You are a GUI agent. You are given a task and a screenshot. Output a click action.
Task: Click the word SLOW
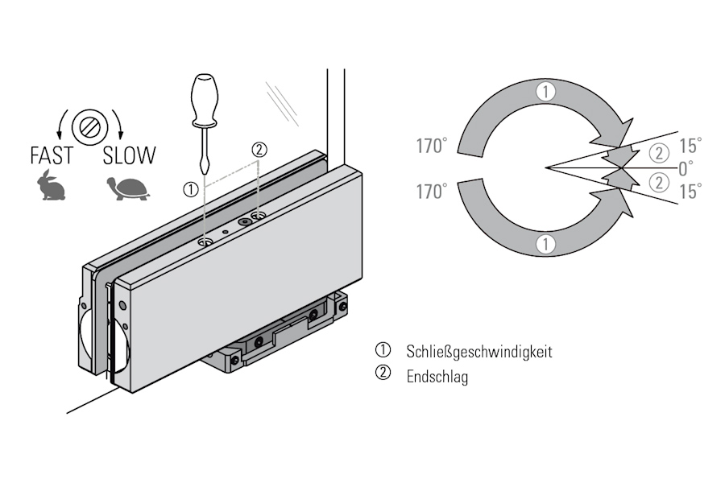[x=129, y=155]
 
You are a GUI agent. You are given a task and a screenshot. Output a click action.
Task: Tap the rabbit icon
[x=52, y=186]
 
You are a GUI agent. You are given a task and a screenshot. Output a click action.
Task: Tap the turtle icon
[x=127, y=188]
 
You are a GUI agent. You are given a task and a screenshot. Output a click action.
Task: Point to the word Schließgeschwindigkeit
[x=479, y=352]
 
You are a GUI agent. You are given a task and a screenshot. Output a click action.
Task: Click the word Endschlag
[x=437, y=376]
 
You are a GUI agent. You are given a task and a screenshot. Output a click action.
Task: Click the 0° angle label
[x=686, y=168]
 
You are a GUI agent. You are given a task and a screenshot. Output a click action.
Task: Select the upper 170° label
[x=432, y=147]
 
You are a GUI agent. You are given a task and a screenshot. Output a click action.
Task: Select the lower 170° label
[x=432, y=192]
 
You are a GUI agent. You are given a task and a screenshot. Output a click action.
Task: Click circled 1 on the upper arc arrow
[x=546, y=92]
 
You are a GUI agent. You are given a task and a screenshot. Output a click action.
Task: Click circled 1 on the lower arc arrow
[x=546, y=244]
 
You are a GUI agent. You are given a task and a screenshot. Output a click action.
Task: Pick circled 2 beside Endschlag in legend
[x=382, y=374]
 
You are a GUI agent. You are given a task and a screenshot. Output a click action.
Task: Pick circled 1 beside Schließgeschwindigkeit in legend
[x=382, y=351]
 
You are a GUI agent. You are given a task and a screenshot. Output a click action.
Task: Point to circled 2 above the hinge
[x=259, y=149]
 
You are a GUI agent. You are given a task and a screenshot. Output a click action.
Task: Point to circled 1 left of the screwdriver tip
[x=190, y=190]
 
